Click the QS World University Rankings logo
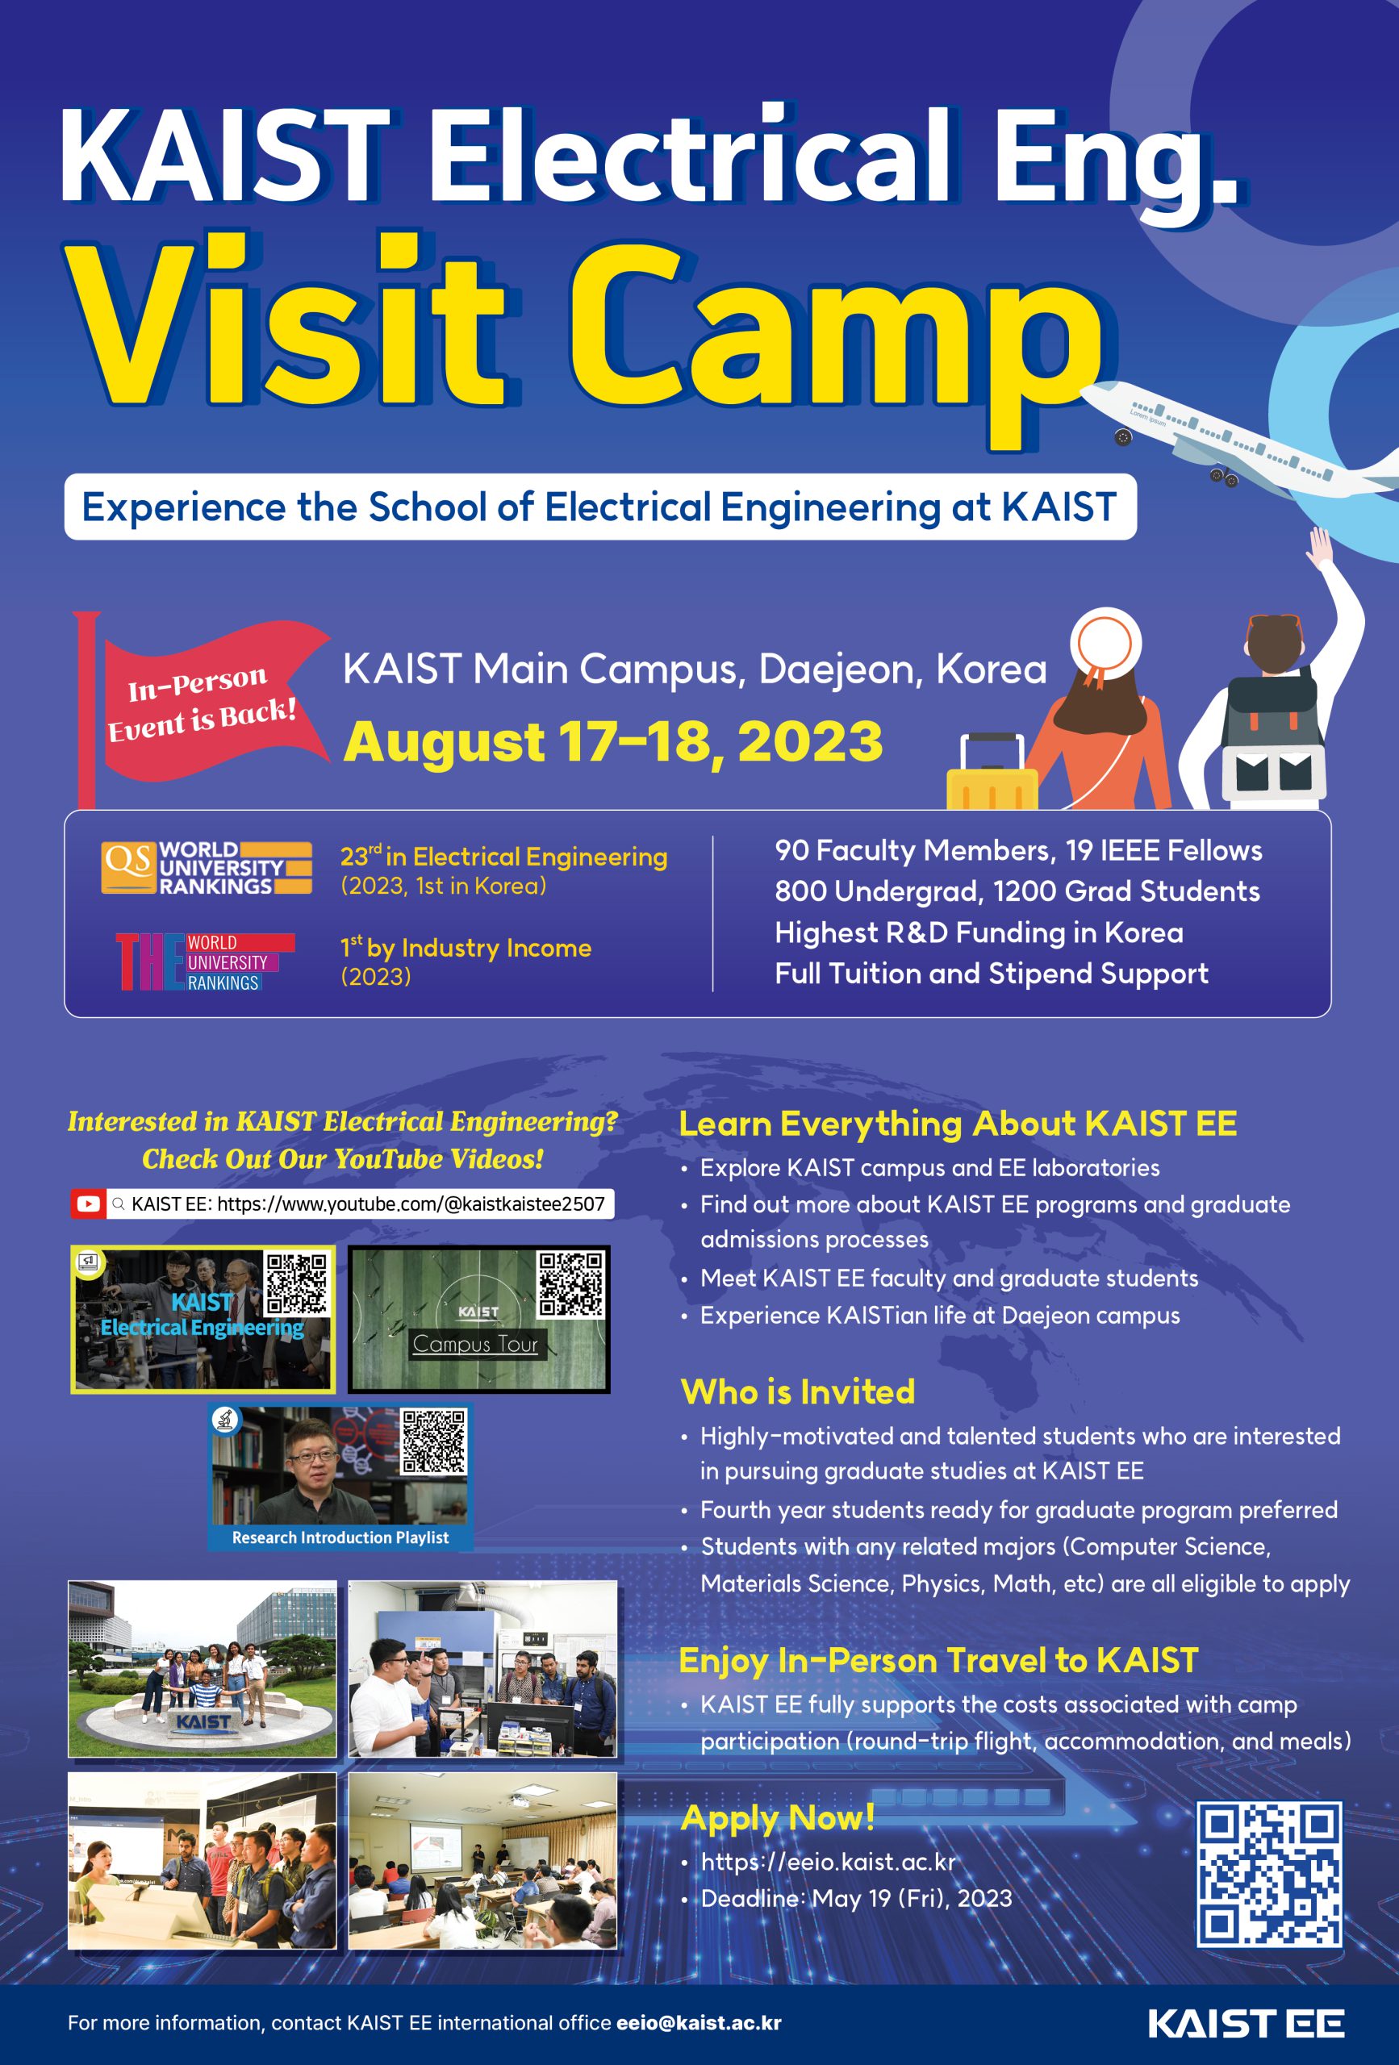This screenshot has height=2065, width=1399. click(x=207, y=867)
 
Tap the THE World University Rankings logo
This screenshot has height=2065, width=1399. click(x=207, y=962)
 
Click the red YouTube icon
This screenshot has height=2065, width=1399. click(x=88, y=1204)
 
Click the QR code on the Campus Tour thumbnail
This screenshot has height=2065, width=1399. click(x=571, y=1283)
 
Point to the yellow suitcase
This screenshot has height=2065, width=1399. click(x=992, y=772)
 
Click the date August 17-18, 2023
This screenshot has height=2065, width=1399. click(x=613, y=742)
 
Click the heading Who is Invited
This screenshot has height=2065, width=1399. click(x=797, y=1391)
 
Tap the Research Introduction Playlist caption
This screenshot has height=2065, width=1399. click(x=340, y=1537)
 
